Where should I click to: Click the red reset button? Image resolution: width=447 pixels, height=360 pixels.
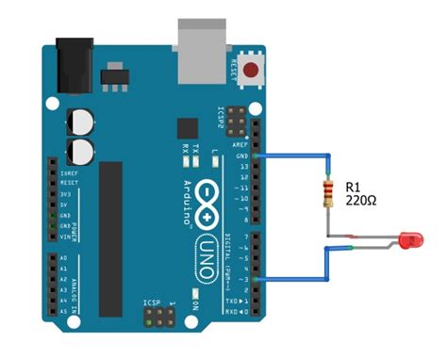click(252, 69)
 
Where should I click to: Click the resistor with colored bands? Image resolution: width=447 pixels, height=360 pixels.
click(328, 194)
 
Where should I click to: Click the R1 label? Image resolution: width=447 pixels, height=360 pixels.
click(356, 186)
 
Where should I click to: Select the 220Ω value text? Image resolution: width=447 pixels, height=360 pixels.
click(362, 201)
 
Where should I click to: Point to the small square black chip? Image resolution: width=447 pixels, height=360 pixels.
click(186, 128)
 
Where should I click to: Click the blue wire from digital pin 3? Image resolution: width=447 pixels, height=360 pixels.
click(292, 279)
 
